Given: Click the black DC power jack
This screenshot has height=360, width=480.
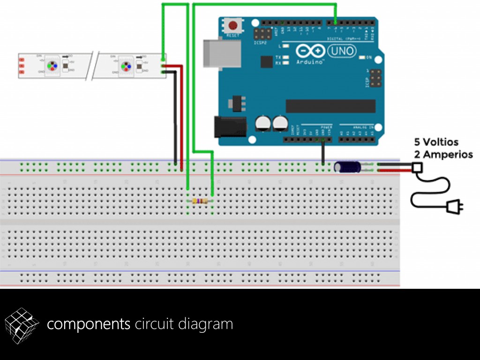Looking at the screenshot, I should point(230,127).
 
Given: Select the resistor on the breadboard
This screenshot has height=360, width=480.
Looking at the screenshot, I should point(200,201).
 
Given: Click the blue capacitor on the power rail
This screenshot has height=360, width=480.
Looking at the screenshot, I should point(347,167).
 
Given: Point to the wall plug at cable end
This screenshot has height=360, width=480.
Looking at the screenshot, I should point(452,206).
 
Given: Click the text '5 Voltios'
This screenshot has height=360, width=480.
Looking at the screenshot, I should point(436,142).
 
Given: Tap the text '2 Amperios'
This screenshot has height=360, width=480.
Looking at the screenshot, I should point(443,154).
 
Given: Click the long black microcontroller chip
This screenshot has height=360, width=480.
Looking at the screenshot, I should point(330,106).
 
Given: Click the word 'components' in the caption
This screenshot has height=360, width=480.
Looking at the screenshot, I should point(89,324).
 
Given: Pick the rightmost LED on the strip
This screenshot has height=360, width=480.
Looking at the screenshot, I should point(126,66).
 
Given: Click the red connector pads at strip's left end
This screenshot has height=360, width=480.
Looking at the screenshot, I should point(22,66).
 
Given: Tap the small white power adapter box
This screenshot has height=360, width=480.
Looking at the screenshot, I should point(417,167).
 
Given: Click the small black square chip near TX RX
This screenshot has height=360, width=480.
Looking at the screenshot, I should point(266,61).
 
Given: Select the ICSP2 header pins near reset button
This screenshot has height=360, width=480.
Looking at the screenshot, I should point(262,34).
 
